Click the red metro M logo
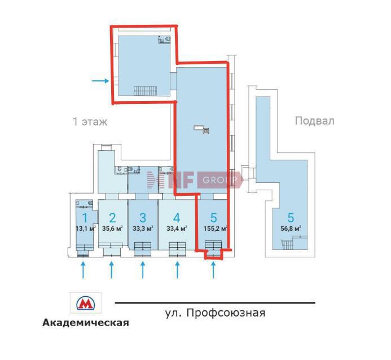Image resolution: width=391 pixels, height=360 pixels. (x=86, y=302)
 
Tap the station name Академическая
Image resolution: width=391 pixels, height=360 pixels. (x=86, y=323)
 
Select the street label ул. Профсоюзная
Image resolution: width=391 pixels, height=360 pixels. (x=215, y=313)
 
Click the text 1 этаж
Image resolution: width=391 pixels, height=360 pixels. (x=90, y=122)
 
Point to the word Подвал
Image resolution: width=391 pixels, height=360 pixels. (x=314, y=121)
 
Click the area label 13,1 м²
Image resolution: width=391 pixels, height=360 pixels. (x=86, y=229)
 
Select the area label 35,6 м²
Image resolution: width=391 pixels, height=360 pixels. (x=112, y=229)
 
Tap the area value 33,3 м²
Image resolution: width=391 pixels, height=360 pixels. (x=143, y=229)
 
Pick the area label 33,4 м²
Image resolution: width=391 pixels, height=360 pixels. (x=177, y=229)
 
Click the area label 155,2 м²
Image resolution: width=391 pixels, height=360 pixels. (x=215, y=229)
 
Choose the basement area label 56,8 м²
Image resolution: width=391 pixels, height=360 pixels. (x=291, y=229)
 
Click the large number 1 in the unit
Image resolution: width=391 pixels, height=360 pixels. (x=85, y=218)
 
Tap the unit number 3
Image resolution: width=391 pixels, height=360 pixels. (x=143, y=218)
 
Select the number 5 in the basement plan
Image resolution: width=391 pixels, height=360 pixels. (x=291, y=218)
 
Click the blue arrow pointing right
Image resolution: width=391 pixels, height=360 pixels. (x=100, y=81)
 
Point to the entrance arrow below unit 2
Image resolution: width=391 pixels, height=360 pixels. (x=112, y=270)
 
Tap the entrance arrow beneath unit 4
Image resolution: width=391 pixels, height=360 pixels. (x=177, y=270)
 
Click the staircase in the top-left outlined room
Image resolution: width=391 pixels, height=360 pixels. (x=146, y=91)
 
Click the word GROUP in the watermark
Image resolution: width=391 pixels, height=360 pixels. (x=220, y=180)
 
